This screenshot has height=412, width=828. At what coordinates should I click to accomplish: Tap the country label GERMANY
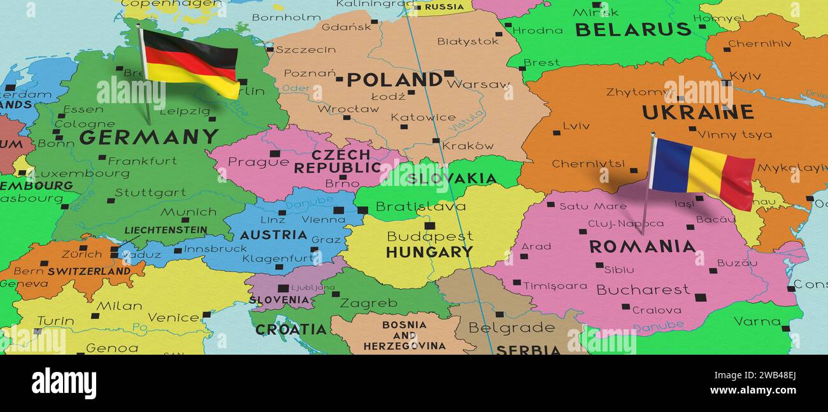pos(148,137)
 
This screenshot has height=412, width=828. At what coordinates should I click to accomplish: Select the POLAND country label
pos(394,80)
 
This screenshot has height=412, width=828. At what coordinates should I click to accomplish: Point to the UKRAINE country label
pos(697,113)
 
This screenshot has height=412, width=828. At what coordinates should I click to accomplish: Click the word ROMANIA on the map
pos(641,246)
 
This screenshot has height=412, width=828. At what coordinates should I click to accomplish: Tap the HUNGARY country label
pos(429,252)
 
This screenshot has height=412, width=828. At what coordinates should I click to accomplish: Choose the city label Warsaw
pos(478,84)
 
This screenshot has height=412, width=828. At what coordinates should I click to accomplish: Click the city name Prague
pos(249,162)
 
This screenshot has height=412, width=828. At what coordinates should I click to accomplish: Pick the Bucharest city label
pos(642,290)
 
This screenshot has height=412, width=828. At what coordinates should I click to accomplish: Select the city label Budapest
pos(430,236)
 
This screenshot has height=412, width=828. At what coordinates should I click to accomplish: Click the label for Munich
pos(188,212)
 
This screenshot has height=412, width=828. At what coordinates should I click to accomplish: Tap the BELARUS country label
pos(632,29)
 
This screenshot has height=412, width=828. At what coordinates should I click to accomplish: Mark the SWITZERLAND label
pos(89,271)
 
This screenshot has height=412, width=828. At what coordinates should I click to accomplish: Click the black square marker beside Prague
pos(275,153)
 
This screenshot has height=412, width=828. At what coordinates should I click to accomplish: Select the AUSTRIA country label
pos(273,235)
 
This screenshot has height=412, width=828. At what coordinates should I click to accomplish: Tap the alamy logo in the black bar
pos(64,383)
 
